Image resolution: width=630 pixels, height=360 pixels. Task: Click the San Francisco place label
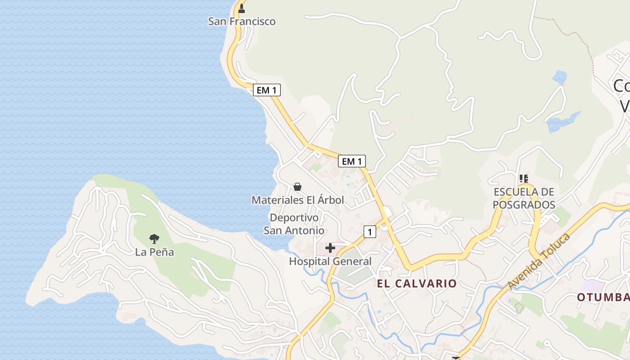pos(242,21)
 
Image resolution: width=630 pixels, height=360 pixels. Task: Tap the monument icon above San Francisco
pos(242,8)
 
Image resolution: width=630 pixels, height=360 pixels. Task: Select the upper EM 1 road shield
pos(266,90)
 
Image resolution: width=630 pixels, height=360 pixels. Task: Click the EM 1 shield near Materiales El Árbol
pos(352,161)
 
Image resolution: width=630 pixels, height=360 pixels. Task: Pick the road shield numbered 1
pos(369,232)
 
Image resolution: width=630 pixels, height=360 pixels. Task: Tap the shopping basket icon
pos(297,186)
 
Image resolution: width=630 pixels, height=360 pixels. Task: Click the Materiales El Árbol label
pos(297,200)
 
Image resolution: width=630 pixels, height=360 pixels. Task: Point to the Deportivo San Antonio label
pos(294,224)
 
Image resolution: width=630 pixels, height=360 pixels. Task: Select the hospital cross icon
pos(330,247)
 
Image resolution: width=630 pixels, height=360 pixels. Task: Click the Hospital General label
pos(330,261)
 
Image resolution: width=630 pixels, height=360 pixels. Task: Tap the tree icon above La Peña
pos(154,238)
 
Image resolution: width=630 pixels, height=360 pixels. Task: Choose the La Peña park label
pos(154,252)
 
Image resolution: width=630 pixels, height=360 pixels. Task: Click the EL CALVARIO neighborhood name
pos(417,283)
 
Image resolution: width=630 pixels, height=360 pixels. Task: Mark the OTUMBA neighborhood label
pos(603,297)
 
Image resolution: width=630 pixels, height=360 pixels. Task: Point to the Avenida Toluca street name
pos(539,261)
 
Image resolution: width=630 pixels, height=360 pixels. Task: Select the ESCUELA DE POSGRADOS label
pos(524,198)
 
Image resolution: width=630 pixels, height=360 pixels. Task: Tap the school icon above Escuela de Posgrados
pos(524,179)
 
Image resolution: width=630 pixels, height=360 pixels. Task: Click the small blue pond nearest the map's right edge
pos(560,77)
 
